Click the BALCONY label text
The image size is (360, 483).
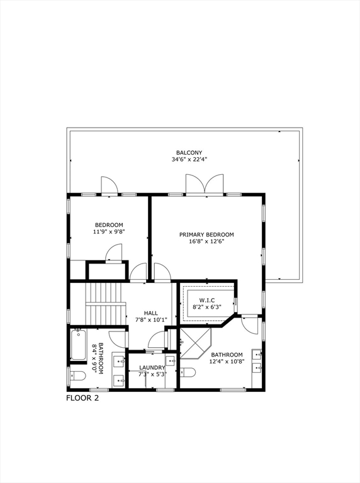point(189,152)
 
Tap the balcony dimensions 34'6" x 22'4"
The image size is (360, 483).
point(189,160)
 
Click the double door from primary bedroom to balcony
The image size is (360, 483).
point(204,185)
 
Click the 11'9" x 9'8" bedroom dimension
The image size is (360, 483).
point(109,232)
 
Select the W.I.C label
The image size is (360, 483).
point(208,300)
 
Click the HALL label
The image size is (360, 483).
point(151,313)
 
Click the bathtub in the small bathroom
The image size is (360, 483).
point(78,345)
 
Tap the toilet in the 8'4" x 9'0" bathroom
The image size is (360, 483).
point(77,376)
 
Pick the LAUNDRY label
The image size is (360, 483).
point(152,368)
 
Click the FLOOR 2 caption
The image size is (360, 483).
point(82,397)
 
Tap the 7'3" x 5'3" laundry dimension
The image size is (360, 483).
point(152,375)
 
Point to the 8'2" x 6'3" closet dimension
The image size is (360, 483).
point(208,308)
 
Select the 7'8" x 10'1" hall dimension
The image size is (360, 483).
point(151,319)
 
